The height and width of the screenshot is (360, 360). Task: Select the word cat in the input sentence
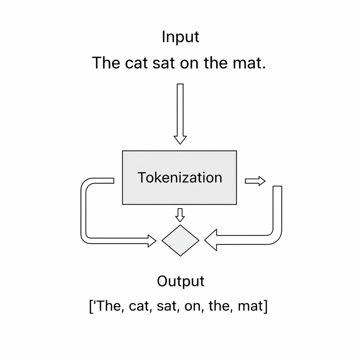[134, 64]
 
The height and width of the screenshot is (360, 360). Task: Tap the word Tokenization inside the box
[180, 178]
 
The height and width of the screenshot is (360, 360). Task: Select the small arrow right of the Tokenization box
[255, 181]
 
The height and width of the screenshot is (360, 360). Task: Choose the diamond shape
[180, 240]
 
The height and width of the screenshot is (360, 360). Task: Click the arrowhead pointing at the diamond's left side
[152, 240]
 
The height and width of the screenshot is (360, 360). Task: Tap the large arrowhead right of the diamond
[211, 240]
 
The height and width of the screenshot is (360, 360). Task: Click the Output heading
[180, 282]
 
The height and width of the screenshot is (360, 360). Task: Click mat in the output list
[250, 306]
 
